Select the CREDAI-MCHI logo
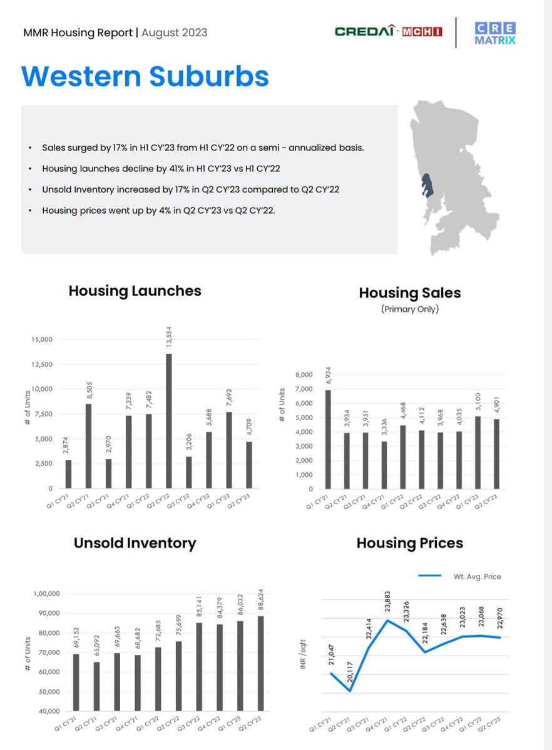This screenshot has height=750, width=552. pyautogui.click(x=388, y=31)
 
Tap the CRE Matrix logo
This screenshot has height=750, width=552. pyautogui.click(x=495, y=32)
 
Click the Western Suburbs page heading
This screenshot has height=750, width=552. pyautogui.click(x=145, y=76)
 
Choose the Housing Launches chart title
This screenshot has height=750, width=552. pyautogui.click(x=135, y=291)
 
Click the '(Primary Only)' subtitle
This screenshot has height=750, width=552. pyautogui.click(x=409, y=309)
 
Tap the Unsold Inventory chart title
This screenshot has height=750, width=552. pyautogui.click(x=135, y=543)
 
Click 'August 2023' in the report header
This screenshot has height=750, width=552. pyautogui.click(x=174, y=32)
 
